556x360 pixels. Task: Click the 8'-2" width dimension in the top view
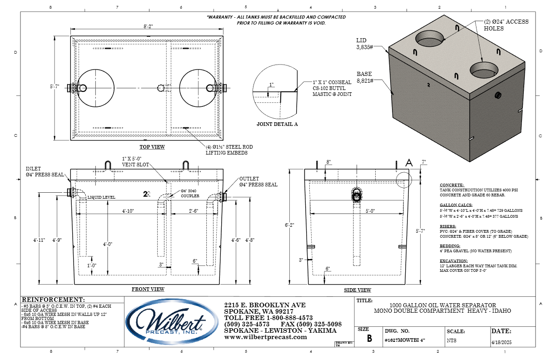(x=147, y=27)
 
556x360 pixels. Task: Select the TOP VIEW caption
(x=152, y=147)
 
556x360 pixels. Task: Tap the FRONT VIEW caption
(x=148, y=289)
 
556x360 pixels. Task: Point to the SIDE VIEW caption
(x=358, y=290)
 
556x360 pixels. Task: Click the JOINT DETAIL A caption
(x=277, y=124)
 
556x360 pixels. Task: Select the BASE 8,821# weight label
(x=365, y=77)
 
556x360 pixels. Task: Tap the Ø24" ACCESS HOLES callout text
(x=500, y=25)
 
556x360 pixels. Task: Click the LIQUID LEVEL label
(x=101, y=198)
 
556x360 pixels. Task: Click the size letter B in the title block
(x=369, y=339)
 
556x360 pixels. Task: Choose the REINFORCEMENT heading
(x=53, y=300)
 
